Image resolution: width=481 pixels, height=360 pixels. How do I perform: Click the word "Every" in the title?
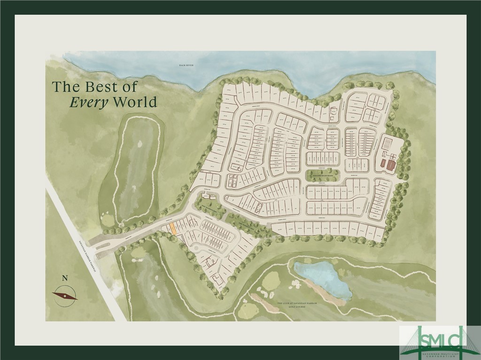tap(89, 102)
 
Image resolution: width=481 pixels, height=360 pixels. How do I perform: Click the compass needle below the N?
tap(65, 295)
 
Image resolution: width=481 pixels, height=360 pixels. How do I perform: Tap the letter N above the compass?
tap(65, 278)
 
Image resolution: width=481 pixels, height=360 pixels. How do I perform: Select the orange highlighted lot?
tap(173, 229)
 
